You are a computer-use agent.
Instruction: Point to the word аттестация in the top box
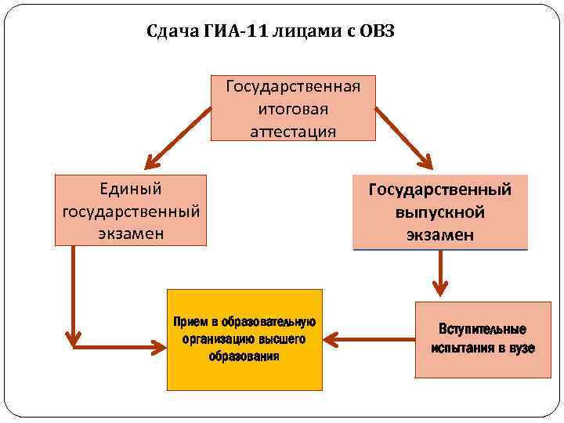(x=293, y=131)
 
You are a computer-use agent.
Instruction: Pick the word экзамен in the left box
(x=131, y=233)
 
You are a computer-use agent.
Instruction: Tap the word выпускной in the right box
(x=440, y=212)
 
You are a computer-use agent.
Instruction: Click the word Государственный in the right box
(x=440, y=190)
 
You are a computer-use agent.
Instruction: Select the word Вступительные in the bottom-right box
(x=483, y=330)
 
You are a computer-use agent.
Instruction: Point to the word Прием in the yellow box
(x=191, y=322)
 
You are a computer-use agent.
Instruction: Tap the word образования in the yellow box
(x=244, y=356)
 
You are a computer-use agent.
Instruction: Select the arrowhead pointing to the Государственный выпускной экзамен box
(x=425, y=163)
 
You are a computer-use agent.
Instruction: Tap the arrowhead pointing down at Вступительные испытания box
(x=440, y=291)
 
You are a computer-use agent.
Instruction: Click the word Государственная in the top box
(x=293, y=85)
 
